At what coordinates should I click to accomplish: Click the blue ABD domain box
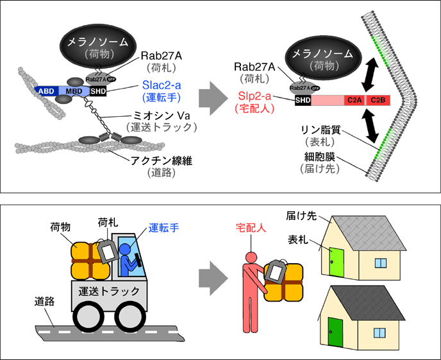point(46,91)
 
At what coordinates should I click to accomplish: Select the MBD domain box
point(73,91)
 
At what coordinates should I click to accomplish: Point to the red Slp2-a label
point(254,96)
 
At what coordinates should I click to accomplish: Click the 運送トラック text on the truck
point(107,290)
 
